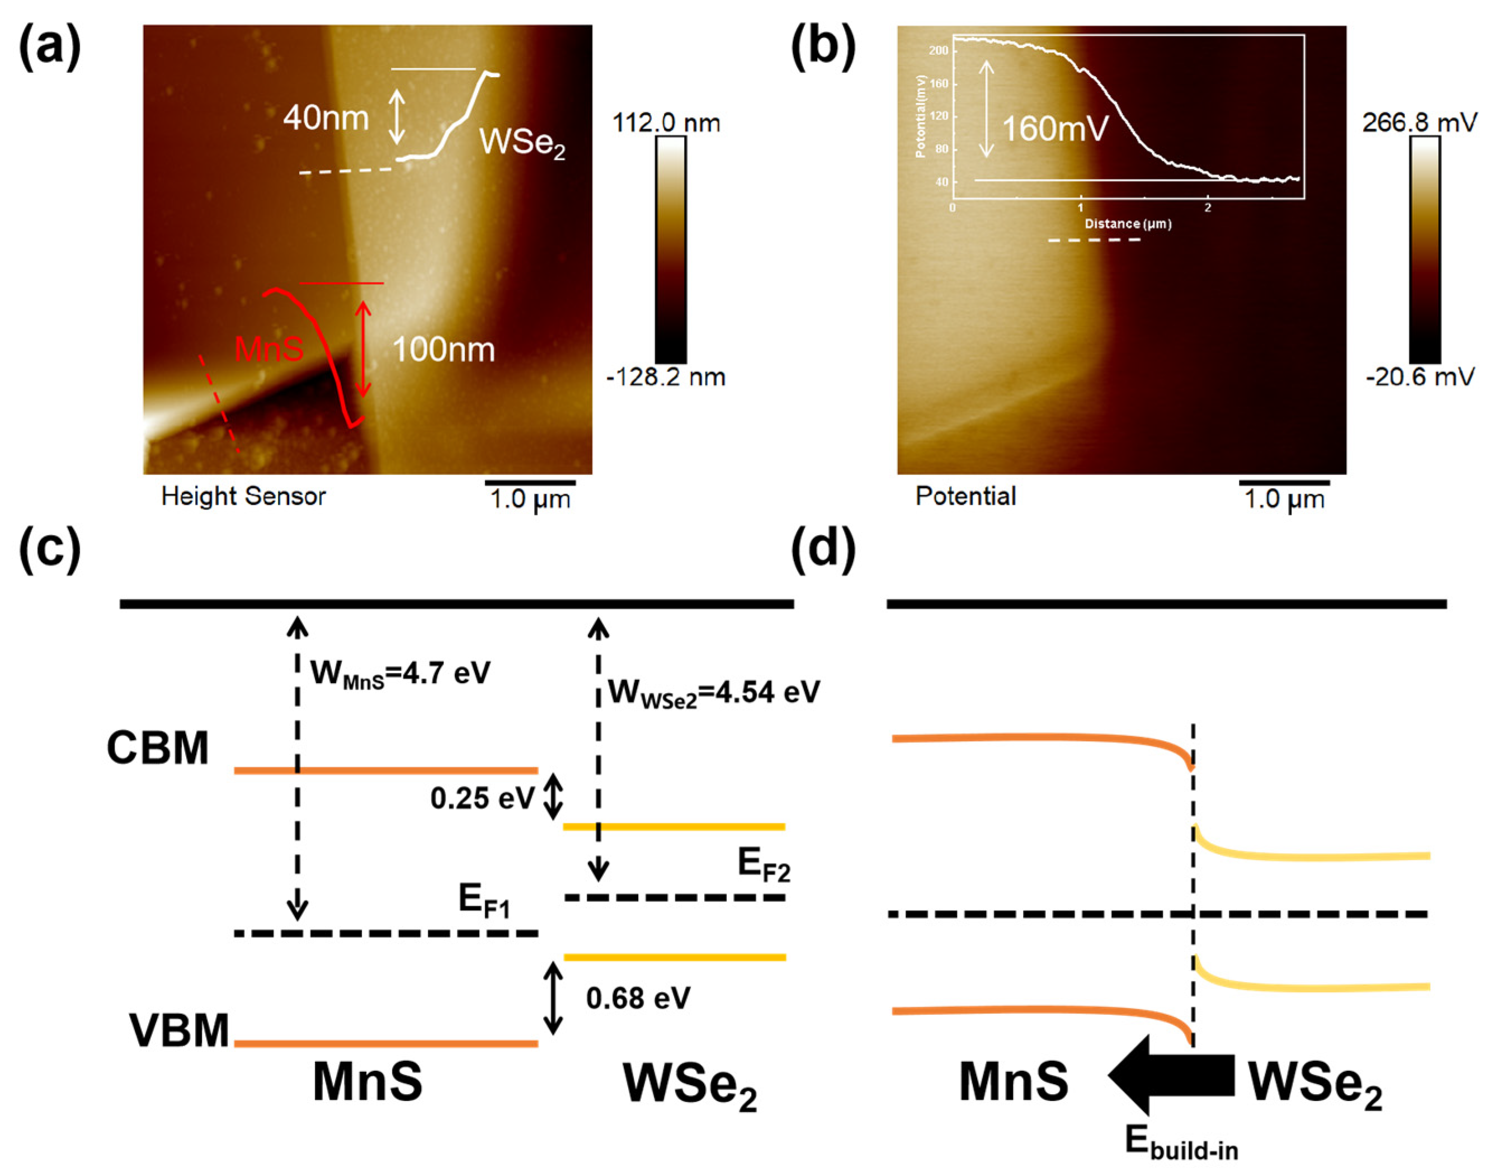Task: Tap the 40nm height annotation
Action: tap(326, 118)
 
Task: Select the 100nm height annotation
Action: tap(443, 350)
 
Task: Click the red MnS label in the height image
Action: tap(268, 349)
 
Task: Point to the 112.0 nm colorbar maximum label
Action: tap(666, 124)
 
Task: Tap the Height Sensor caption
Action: tap(243, 496)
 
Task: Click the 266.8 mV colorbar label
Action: tap(1419, 124)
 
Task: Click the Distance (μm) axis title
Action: tap(1128, 224)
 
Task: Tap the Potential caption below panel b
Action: tap(965, 496)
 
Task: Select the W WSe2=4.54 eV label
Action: tap(714, 693)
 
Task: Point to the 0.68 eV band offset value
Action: tap(638, 999)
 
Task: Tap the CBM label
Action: tap(157, 748)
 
